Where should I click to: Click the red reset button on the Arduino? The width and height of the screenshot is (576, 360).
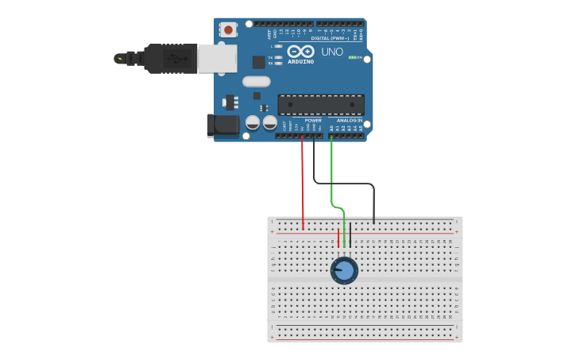(x=228, y=29)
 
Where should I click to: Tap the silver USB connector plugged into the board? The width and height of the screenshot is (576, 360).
(x=216, y=58)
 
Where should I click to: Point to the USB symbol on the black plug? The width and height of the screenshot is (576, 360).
(x=176, y=58)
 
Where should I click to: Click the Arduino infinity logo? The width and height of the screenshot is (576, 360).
(x=300, y=52)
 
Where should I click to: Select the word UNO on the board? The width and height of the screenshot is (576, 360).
(x=332, y=52)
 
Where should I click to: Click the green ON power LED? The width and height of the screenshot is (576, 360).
(x=352, y=57)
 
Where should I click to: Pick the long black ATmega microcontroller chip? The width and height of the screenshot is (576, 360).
(x=321, y=104)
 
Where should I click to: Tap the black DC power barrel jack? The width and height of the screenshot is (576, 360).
(x=223, y=125)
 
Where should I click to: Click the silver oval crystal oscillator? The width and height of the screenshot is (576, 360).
(x=257, y=81)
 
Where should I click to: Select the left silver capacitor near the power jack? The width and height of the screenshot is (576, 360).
(x=253, y=122)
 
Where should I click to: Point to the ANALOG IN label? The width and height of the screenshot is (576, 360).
(x=350, y=121)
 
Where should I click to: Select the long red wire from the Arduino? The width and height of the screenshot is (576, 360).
(x=303, y=183)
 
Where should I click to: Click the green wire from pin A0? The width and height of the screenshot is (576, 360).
(x=331, y=175)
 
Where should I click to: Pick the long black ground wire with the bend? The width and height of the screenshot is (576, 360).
(x=350, y=184)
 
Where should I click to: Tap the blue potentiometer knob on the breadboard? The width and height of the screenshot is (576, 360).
(x=344, y=270)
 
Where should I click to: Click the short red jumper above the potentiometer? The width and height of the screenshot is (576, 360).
(x=338, y=238)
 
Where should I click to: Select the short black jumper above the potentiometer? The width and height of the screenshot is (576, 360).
(x=350, y=236)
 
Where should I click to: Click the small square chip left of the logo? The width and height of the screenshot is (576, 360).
(x=258, y=62)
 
